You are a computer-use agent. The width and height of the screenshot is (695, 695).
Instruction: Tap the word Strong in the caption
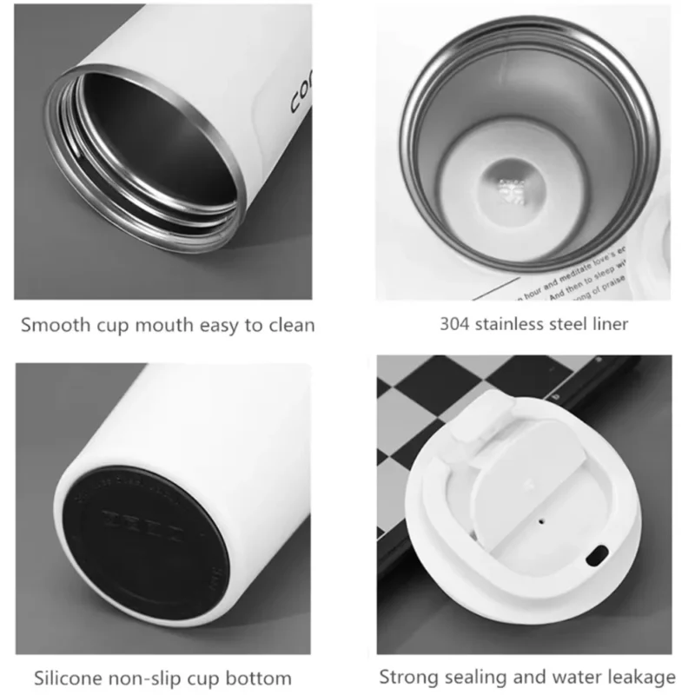pyautogui.click(x=407, y=677)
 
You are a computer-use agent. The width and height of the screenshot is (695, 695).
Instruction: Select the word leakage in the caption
pyautogui.click(x=644, y=677)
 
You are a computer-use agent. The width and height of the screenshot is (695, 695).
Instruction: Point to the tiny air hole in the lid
pyautogui.click(x=541, y=523)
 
